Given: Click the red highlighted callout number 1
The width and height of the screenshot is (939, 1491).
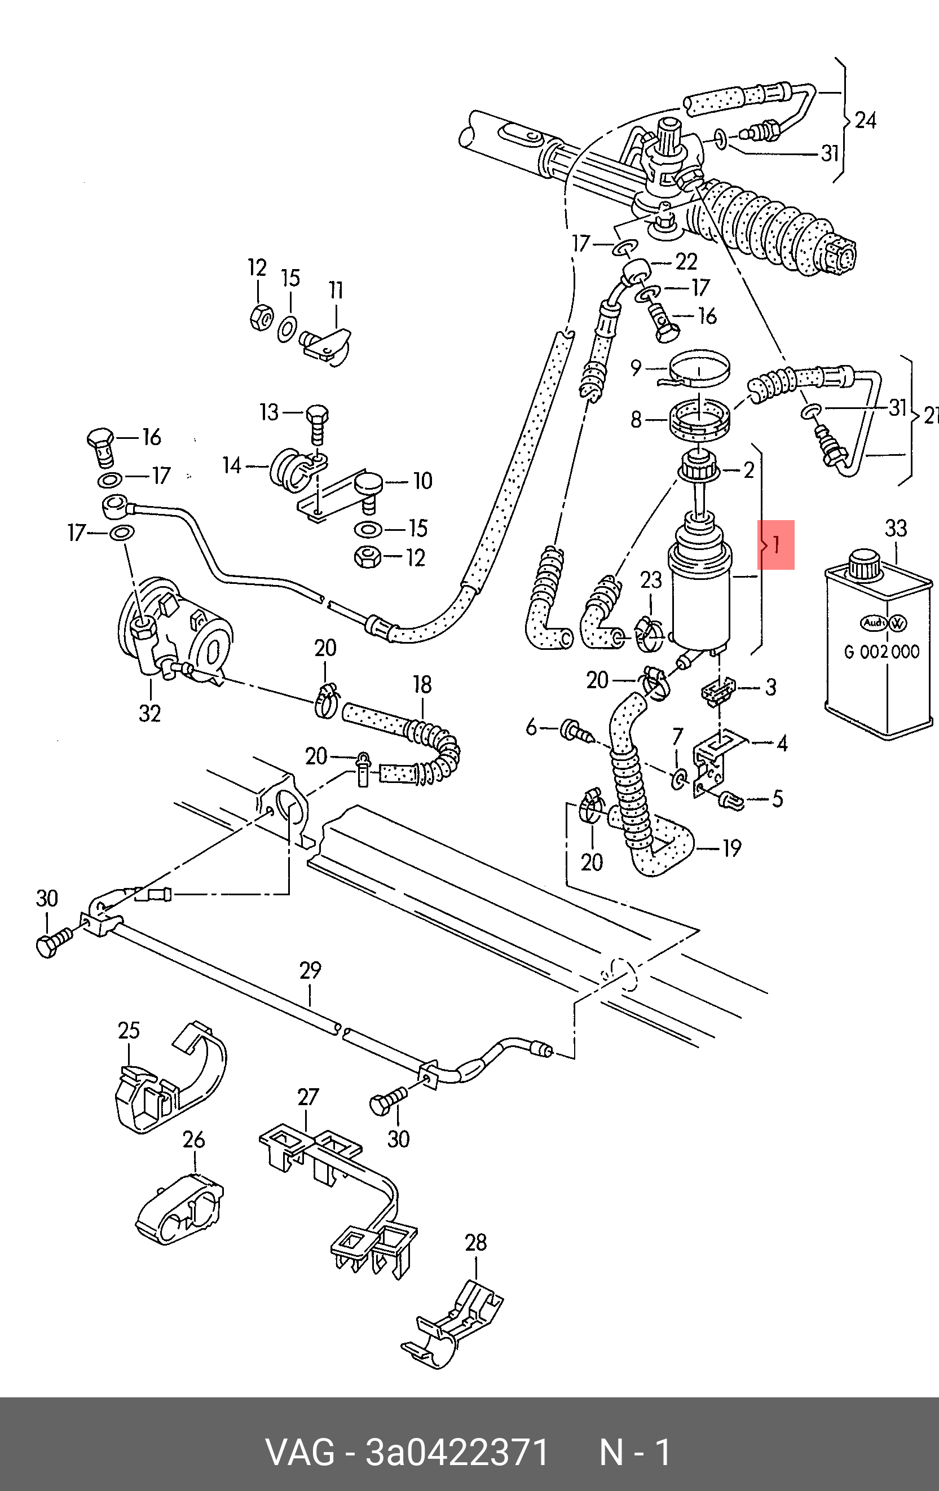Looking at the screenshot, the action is [775, 545].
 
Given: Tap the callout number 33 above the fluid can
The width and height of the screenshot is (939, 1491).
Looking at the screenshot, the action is [896, 529].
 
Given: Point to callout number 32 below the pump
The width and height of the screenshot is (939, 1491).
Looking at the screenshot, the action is [150, 713].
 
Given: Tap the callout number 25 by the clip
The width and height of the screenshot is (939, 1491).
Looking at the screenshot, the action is [129, 1030].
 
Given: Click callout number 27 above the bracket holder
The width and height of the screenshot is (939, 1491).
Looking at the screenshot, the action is [307, 1097].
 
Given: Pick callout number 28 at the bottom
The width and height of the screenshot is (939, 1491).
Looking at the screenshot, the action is [475, 1243].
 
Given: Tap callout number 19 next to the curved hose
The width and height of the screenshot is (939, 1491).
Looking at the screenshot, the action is [731, 848].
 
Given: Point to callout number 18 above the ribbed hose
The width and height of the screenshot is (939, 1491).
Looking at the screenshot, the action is [422, 685].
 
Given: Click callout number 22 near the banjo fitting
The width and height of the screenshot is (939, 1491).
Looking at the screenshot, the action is [686, 262].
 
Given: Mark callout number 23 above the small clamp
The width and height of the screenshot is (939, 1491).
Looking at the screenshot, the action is [651, 580].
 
